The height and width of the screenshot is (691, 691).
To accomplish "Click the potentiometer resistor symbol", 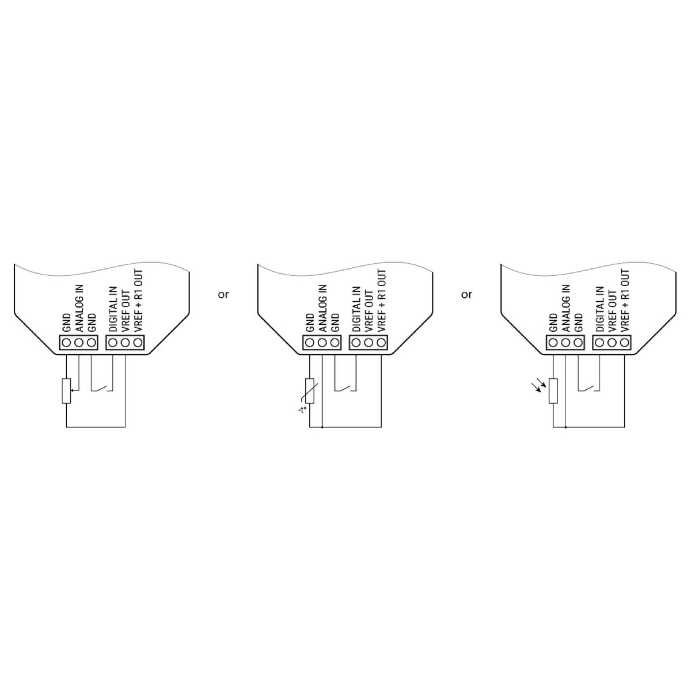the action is pos(66,391).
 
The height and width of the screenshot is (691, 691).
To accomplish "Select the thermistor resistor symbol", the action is pos(309,391).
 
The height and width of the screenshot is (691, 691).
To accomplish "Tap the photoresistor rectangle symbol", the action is pos(553,391).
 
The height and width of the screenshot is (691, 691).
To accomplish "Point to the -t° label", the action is pos(302,410).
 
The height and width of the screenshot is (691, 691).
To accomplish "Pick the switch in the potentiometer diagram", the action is pos(102,388).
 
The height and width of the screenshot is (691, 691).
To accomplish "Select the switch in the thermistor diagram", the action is pos(345,388).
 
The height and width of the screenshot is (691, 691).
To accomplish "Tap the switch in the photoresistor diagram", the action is pos(589,388).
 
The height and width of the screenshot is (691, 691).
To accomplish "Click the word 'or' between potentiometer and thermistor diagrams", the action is pos(223,295).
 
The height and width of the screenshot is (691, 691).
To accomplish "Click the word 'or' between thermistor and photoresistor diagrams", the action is pos(466,295).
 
